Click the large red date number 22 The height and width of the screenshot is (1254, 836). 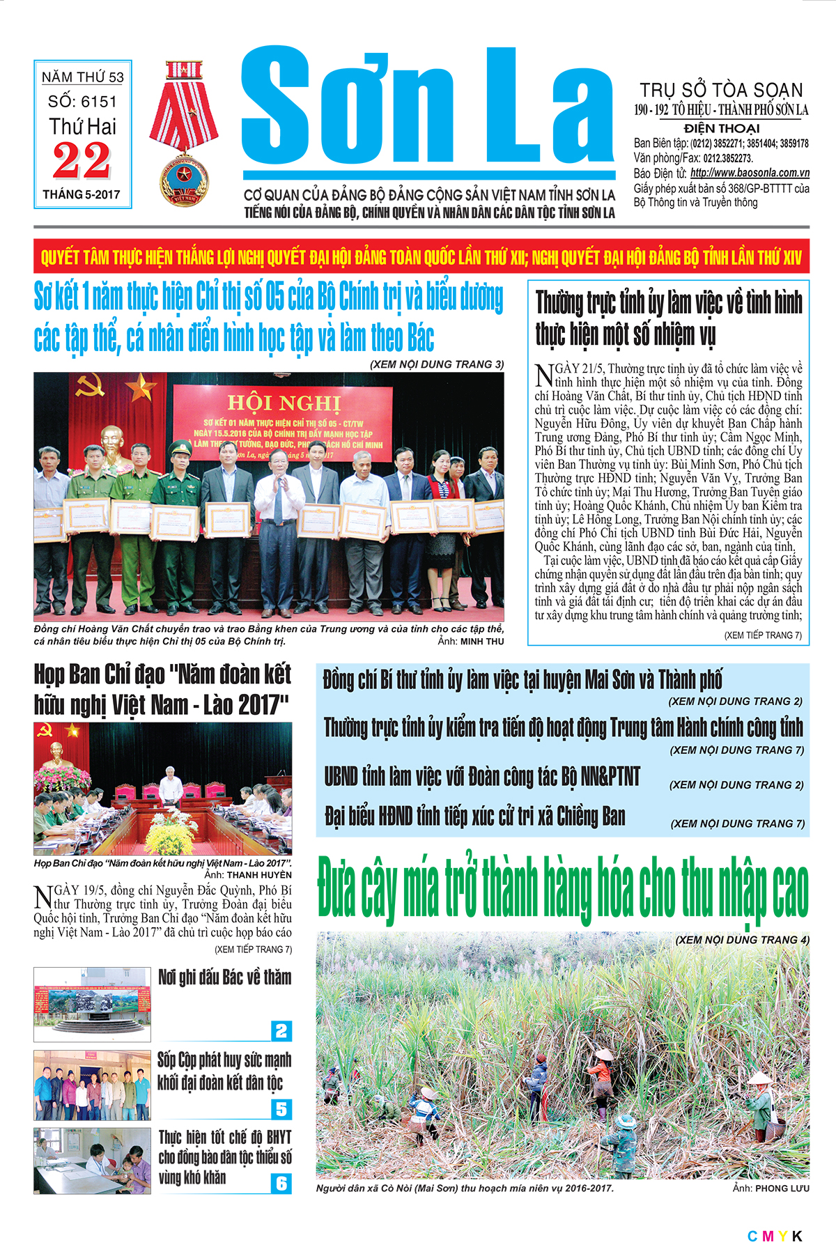(x=82, y=161)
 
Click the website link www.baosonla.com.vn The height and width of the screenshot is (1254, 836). (x=750, y=173)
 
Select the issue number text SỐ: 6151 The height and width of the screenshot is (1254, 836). (x=82, y=102)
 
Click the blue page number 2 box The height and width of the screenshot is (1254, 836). (x=281, y=1030)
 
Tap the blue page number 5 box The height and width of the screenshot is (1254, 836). (x=281, y=1108)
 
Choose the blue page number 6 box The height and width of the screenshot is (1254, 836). (x=281, y=1183)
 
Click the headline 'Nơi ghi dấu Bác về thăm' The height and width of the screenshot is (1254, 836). (x=224, y=977)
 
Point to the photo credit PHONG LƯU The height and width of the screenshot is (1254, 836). (x=782, y=1188)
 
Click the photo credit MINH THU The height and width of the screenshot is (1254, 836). (x=481, y=641)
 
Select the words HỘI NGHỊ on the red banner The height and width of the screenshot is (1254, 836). (x=284, y=403)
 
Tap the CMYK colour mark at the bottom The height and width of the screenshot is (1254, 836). (x=774, y=1236)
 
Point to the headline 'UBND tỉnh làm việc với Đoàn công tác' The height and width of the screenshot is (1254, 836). (x=481, y=777)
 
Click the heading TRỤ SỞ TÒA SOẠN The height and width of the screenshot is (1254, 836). (x=721, y=90)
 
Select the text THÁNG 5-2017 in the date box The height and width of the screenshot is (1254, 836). (x=82, y=194)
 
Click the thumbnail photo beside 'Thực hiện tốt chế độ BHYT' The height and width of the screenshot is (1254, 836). (x=92, y=1161)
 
